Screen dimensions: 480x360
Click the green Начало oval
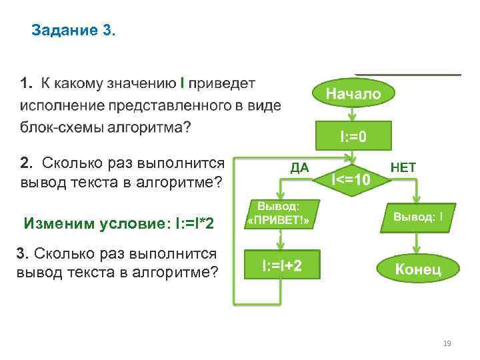coord(353,94)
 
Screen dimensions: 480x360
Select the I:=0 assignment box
coord(353,137)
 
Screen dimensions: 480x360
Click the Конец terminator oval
coord(418,269)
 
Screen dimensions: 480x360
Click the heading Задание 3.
coord(73,31)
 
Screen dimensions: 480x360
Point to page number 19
coord(447,343)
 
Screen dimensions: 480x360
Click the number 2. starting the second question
coord(26,163)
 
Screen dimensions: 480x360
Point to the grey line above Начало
coord(408,74)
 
